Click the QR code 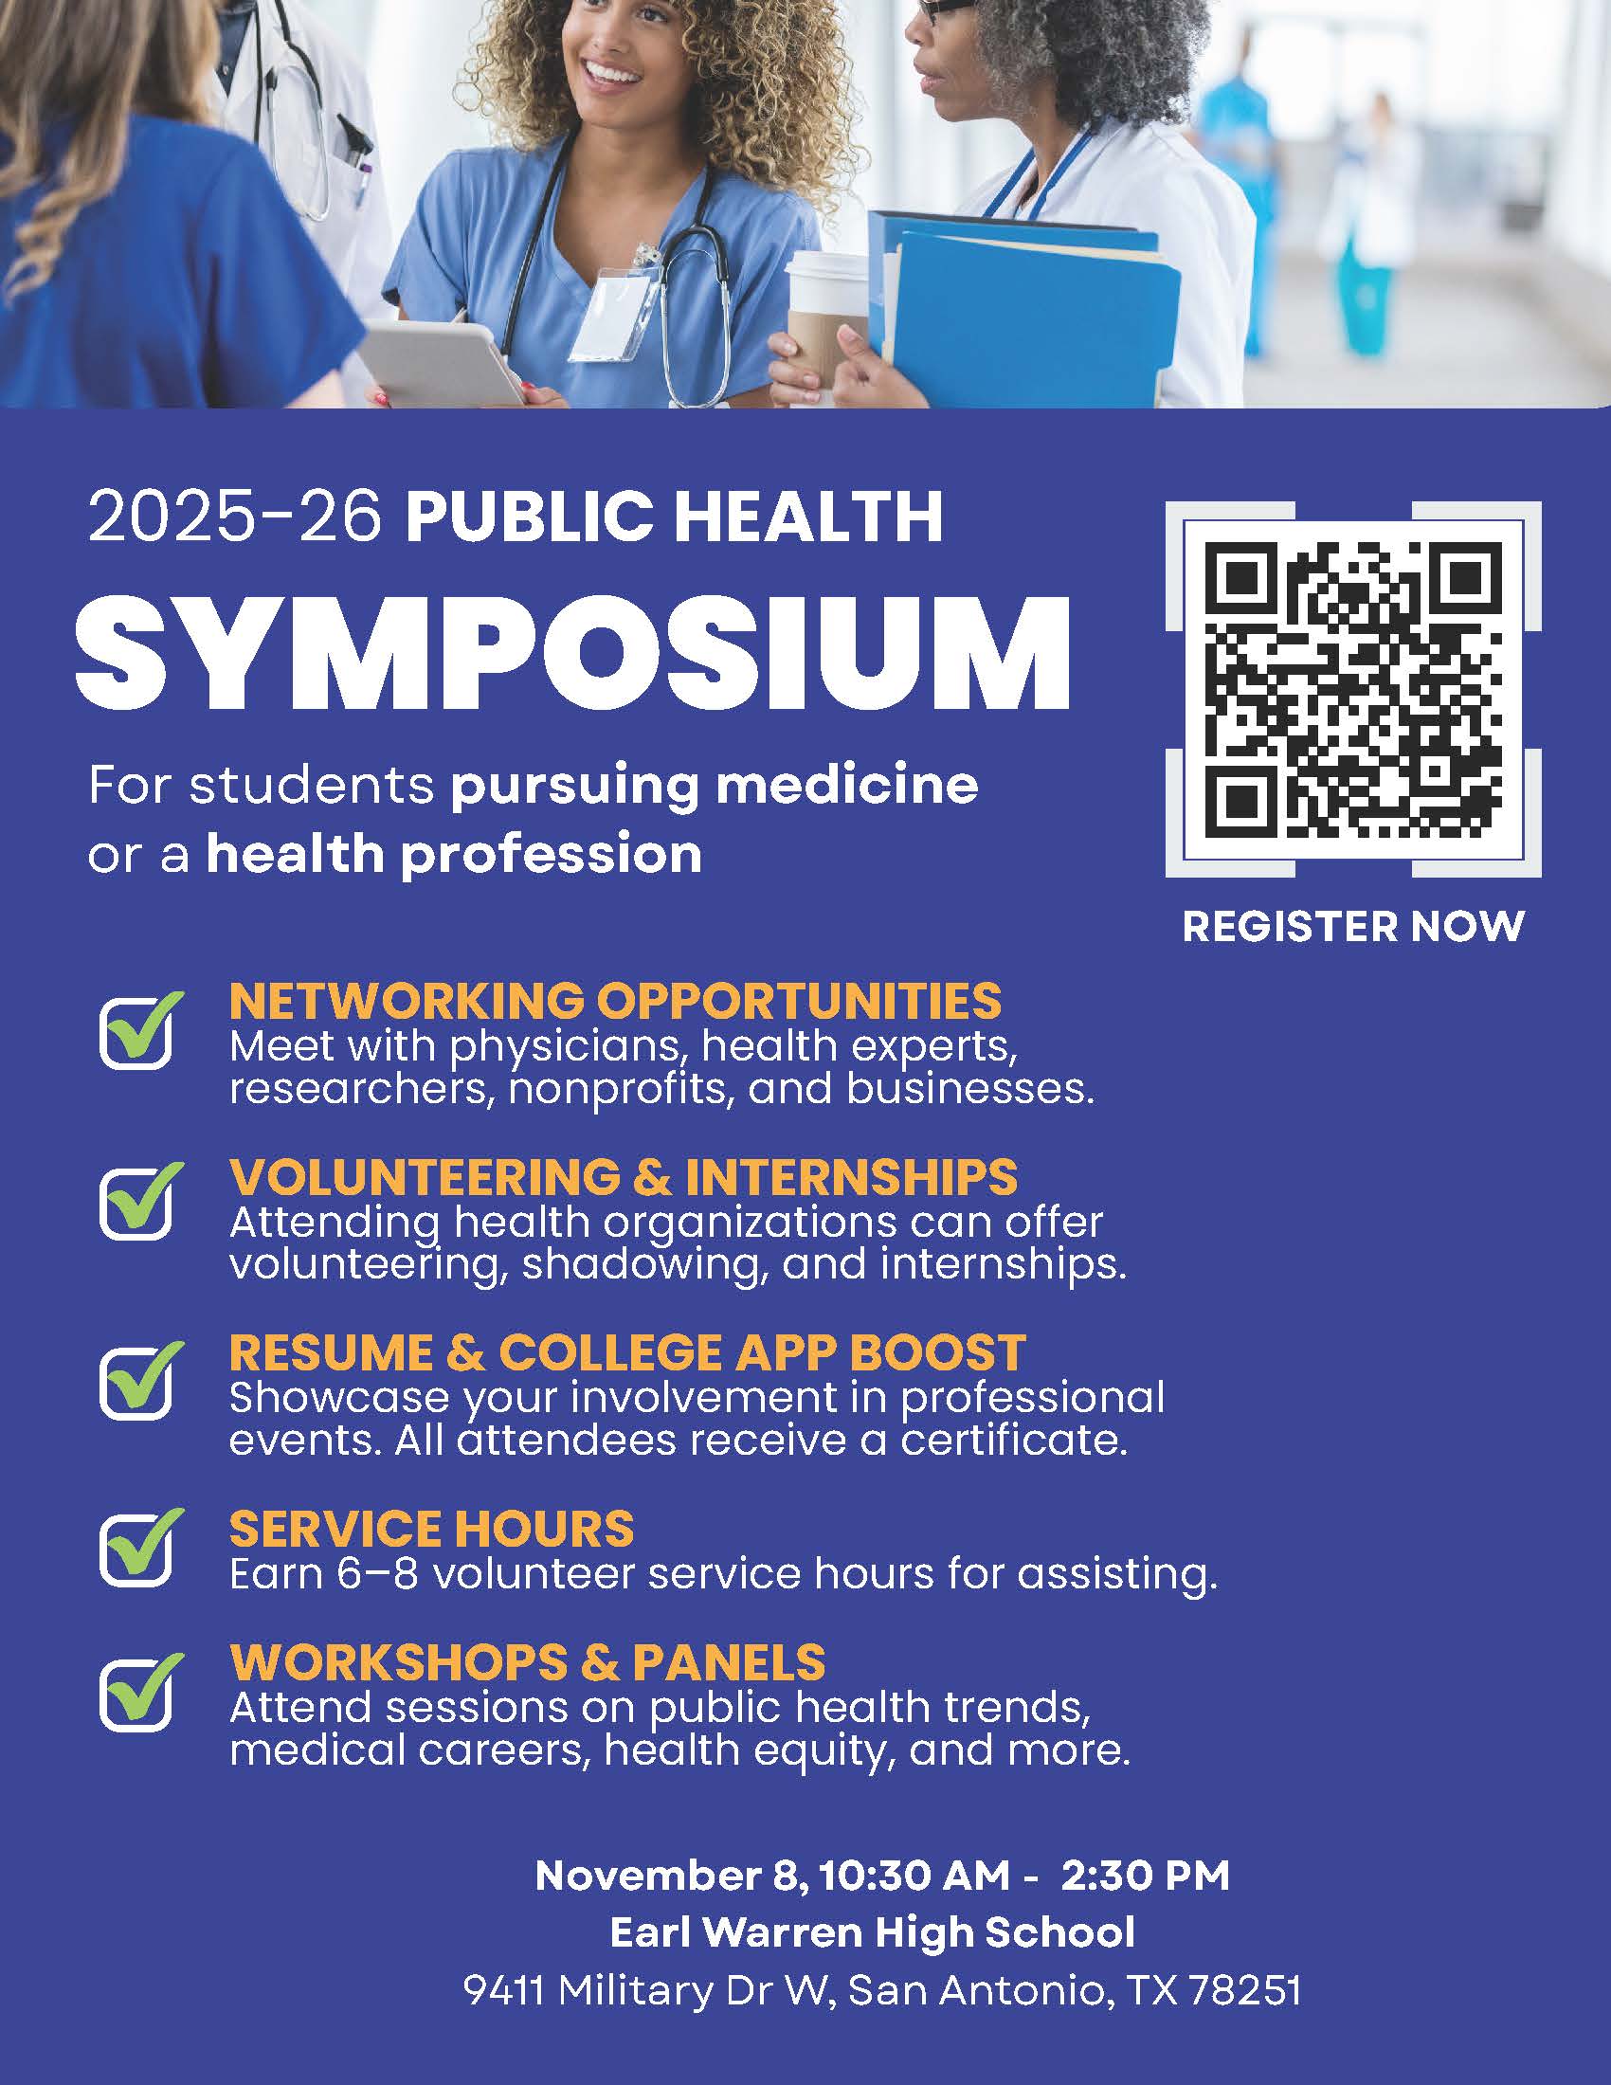[1353, 689]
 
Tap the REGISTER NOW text [1353, 926]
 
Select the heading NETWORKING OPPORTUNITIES [616, 1002]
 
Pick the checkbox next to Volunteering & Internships [136, 1202]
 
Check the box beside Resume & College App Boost [136, 1381]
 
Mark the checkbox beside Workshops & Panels [136, 1693]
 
